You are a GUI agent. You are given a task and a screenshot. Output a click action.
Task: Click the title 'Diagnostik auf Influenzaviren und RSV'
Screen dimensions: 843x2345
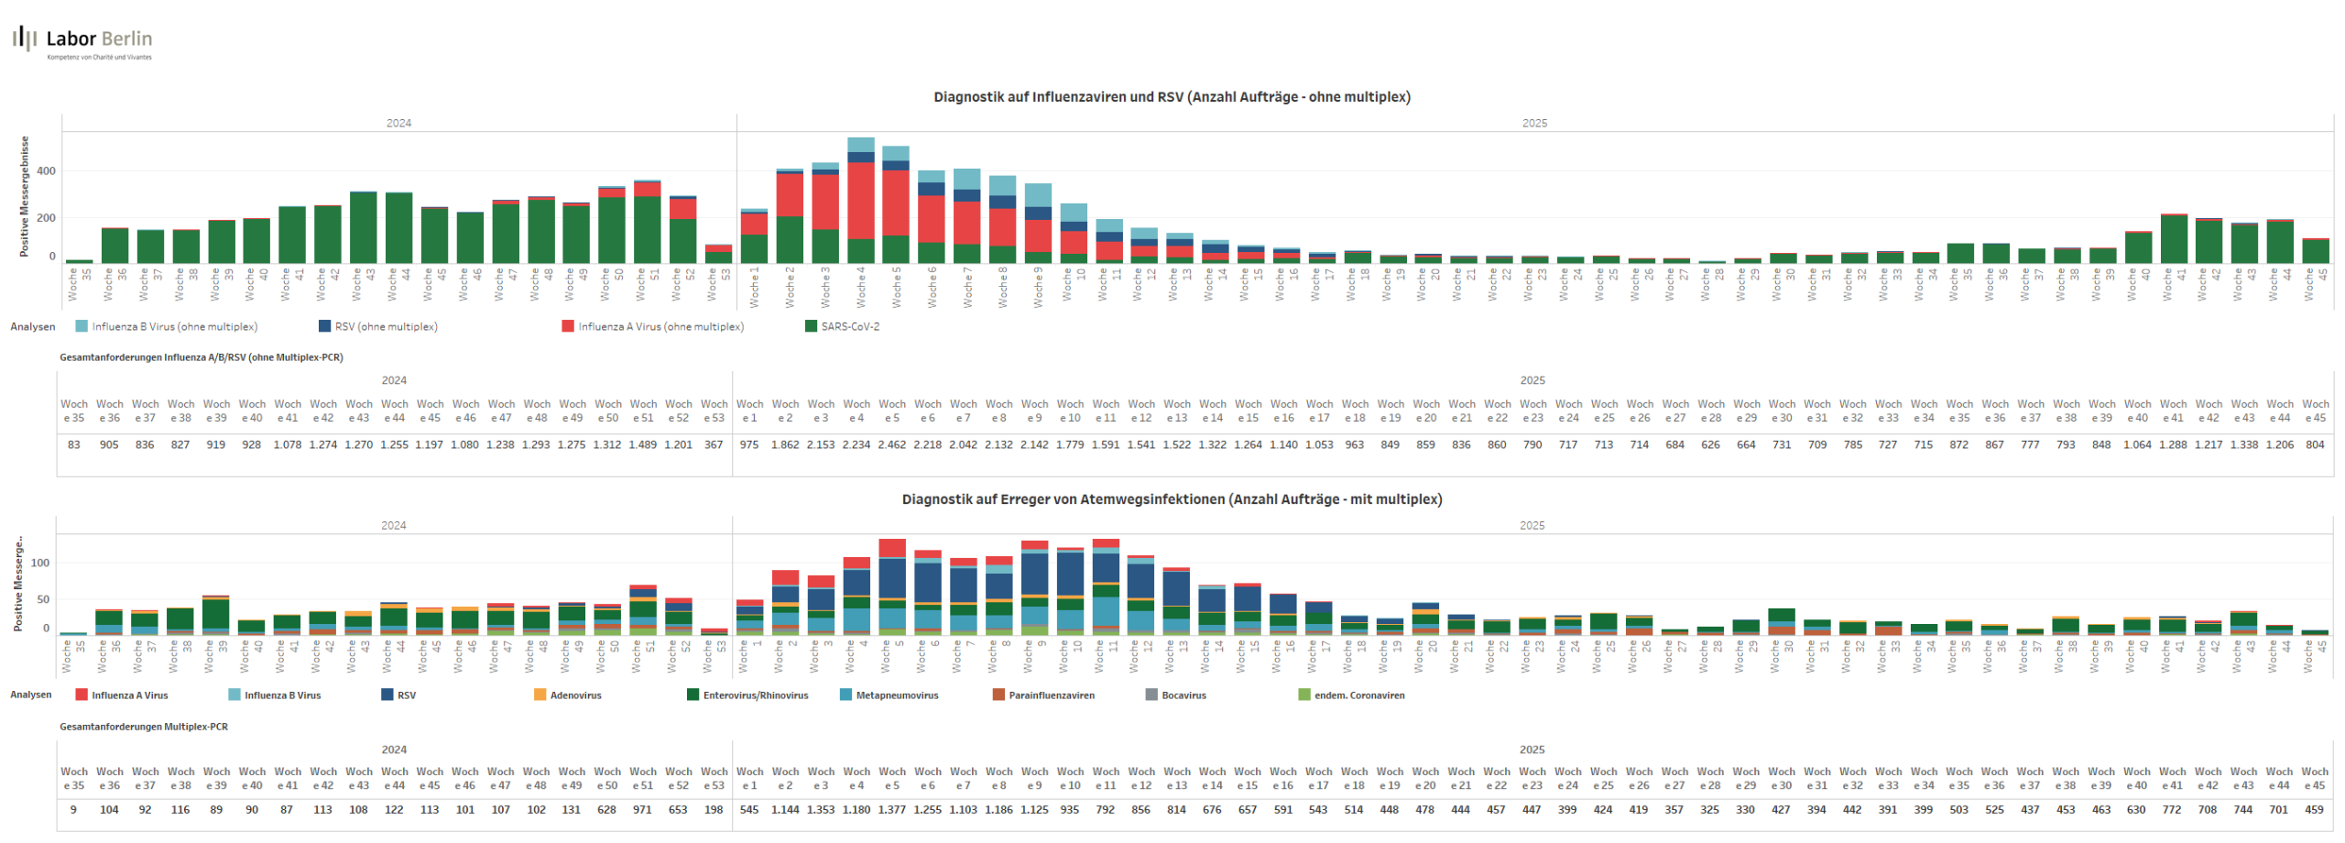(1171, 97)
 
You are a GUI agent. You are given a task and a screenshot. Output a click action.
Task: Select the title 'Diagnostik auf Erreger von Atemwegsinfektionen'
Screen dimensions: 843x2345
(1171, 499)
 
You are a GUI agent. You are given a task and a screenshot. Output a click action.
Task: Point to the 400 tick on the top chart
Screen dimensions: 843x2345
(46, 171)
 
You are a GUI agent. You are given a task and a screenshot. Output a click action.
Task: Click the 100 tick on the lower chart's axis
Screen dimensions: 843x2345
(40, 564)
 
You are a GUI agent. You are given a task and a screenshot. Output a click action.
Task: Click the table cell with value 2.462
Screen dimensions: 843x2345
(891, 445)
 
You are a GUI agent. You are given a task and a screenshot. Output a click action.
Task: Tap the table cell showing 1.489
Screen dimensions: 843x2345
(643, 445)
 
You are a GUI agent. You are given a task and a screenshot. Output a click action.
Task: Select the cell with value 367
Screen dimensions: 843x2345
(714, 445)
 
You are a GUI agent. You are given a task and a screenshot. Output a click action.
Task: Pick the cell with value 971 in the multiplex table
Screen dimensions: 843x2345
(643, 810)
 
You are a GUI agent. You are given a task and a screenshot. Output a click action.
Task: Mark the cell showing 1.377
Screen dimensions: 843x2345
(891, 810)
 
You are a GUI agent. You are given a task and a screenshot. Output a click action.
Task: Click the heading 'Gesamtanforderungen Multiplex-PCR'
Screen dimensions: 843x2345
(144, 727)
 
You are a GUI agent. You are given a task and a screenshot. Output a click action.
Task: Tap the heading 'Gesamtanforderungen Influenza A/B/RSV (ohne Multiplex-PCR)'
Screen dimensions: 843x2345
(202, 358)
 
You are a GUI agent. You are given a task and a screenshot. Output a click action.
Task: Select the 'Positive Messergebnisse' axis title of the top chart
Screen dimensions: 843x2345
(25, 196)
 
